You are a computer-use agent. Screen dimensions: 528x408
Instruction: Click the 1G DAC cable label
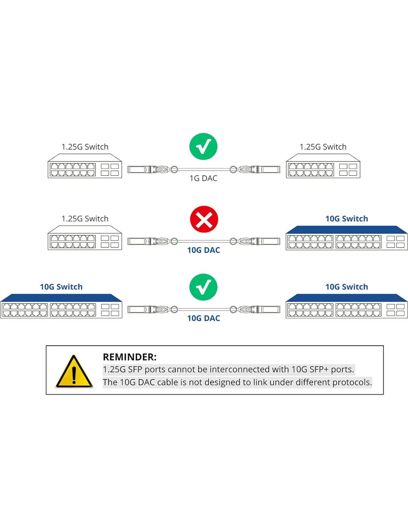pyautogui.click(x=203, y=179)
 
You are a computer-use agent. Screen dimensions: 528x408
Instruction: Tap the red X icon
pyautogui.click(x=204, y=219)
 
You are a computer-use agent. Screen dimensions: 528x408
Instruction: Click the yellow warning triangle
pyautogui.click(x=74, y=372)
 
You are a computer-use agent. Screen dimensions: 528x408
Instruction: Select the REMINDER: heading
pyautogui.click(x=129, y=357)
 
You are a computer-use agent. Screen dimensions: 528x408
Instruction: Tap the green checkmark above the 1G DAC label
pyautogui.click(x=203, y=146)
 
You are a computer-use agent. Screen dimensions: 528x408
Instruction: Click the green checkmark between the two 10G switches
pyautogui.click(x=203, y=287)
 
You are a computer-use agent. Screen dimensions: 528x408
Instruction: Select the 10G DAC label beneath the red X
pyautogui.click(x=203, y=250)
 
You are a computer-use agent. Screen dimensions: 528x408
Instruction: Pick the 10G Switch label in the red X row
pyautogui.click(x=346, y=219)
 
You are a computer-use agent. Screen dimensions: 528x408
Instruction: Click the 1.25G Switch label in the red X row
pyautogui.click(x=85, y=219)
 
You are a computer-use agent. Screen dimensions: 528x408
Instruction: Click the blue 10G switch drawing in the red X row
pyautogui.click(x=346, y=238)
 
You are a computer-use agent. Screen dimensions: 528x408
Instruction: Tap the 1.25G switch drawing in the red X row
pyautogui.click(x=85, y=238)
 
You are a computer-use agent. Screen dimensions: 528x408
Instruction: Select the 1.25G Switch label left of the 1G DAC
pyautogui.click(x=85, y=147)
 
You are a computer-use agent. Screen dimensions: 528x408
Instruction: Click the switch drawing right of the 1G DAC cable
pyautogui.click(x=323, y=167)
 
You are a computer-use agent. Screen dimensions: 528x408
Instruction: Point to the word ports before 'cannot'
pyautogui.click(x=155, y=369)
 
